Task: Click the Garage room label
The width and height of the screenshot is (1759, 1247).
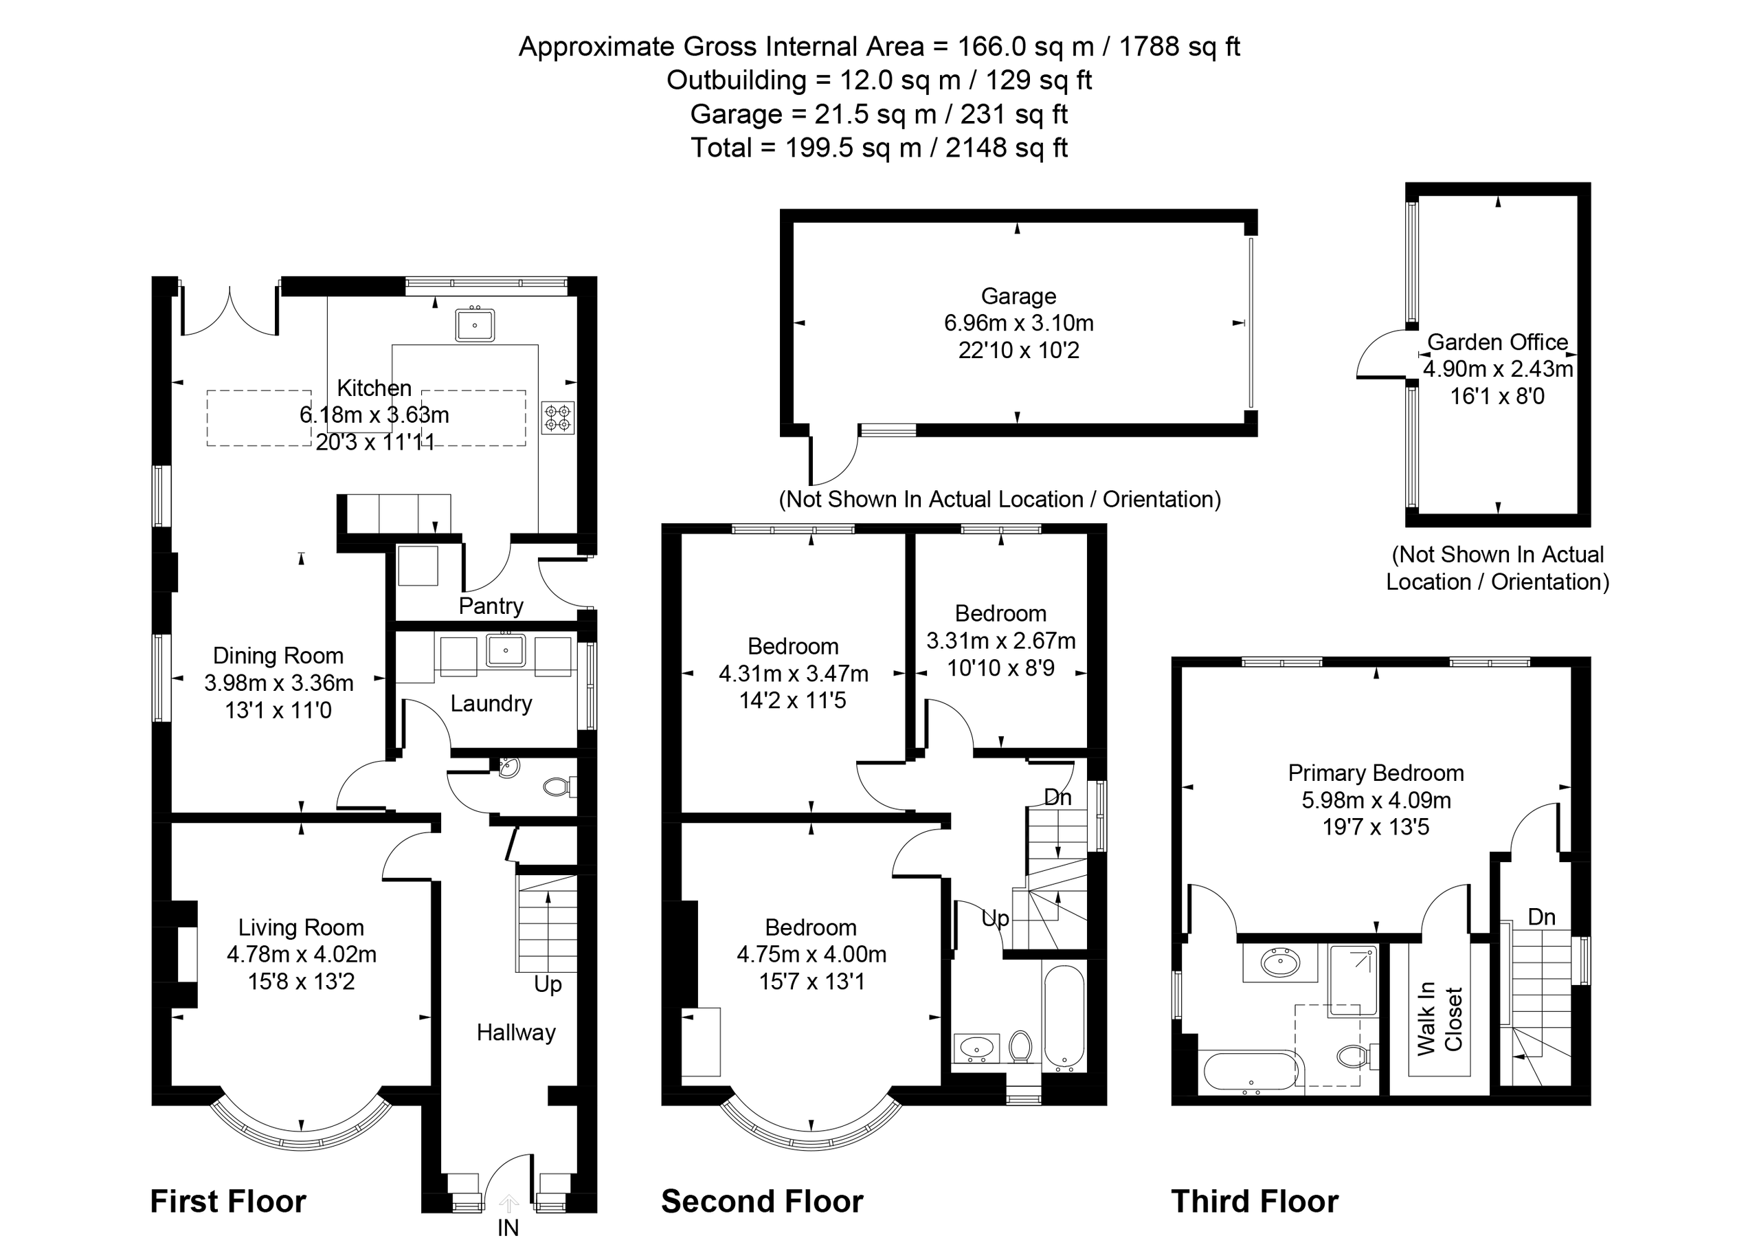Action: [1018, 296]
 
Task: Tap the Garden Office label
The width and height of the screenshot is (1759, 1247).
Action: [1497, 342]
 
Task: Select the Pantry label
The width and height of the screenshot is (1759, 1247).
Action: [491, 606]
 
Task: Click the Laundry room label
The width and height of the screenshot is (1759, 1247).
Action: [491, 703]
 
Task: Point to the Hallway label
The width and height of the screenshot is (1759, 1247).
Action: [516, 1033]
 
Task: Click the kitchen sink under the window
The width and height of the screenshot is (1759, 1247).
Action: [474, 324]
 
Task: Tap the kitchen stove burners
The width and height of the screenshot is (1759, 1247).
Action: [558, 418]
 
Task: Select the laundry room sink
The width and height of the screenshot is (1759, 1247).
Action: [506, 650]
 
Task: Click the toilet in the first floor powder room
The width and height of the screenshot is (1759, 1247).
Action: [558, 786]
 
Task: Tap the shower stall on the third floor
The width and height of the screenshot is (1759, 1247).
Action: [1353, 982]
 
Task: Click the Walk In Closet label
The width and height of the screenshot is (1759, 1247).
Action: [1439, 1019]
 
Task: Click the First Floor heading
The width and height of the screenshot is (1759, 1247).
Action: [228, 1201]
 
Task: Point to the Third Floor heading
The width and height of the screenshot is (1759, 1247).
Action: [1255, 1201]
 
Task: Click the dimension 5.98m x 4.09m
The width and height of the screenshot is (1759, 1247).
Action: [1376, 800]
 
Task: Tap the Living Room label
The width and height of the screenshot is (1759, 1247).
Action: [301, 927]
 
